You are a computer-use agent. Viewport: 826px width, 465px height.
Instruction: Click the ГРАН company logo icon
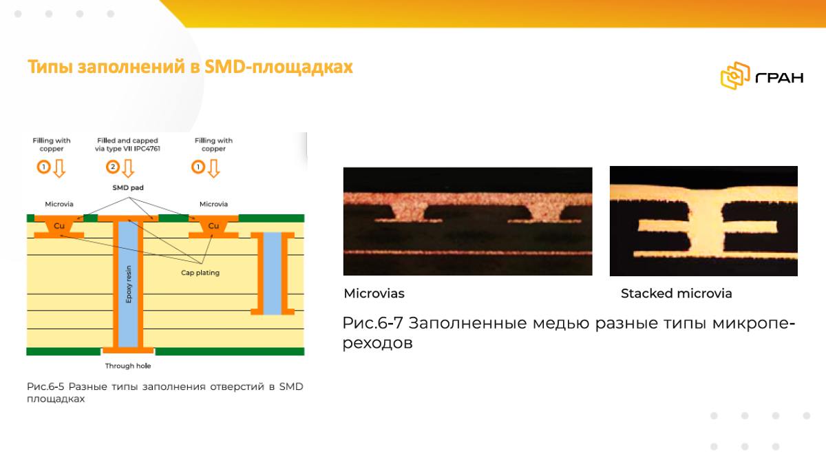point(735,76)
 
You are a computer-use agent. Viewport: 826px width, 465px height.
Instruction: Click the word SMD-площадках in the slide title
point(278,67)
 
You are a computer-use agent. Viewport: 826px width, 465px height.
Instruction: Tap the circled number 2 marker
point(113,167)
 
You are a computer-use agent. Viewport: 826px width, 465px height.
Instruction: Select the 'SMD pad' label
point(128,187)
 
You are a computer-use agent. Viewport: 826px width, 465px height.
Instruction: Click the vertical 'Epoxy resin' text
point(128,285)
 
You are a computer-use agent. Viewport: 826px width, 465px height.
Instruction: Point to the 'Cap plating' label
point(200,273)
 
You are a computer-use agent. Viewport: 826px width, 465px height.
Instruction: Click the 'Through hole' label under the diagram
point(128,366)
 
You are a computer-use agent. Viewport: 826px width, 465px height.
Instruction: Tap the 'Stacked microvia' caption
point(676,293)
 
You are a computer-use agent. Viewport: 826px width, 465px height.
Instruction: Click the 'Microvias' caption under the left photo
point(374,293)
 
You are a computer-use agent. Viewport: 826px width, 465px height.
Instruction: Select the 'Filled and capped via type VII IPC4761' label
point(127,145)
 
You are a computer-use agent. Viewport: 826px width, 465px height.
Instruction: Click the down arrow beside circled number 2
point(128,168)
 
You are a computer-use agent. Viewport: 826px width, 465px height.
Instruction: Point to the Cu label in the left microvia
point(59,225)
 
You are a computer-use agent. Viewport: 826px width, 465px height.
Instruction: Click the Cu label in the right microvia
point(213,225)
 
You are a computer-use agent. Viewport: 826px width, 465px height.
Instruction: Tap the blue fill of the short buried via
point(273,273)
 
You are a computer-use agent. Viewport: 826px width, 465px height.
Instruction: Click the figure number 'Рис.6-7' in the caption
point(372,323)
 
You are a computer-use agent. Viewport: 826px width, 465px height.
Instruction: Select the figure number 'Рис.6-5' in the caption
point(45,386)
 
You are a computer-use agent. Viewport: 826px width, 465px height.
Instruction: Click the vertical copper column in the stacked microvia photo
point(706,225)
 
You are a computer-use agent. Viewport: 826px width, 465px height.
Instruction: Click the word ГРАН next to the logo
point(779,77)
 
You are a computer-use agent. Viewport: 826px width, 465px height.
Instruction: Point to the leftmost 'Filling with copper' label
point(52,145)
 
